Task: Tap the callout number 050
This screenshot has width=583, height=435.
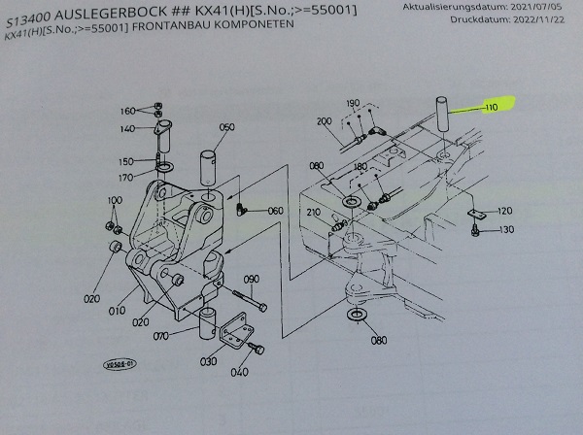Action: point(226,127)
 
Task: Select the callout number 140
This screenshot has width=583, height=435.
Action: point(127,129)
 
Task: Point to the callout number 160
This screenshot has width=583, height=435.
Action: point(127,111)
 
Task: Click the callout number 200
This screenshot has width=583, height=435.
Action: point(325,121)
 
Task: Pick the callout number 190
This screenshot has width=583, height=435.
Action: point(353,102)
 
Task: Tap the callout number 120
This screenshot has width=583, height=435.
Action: point(504,211)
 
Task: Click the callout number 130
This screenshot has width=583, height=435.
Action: point(506,230)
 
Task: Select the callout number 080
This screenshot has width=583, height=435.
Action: point(378,340)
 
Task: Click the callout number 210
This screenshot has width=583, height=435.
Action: point(314,213)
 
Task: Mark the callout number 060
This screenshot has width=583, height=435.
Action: point(275,210)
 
